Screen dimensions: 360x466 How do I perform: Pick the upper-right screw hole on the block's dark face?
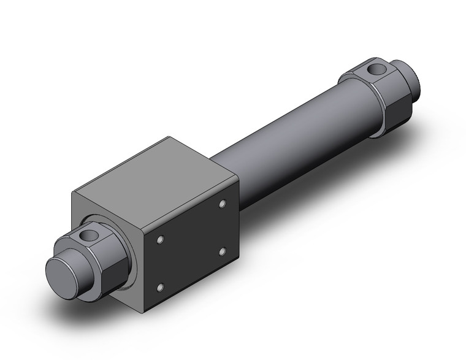point(223,202)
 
